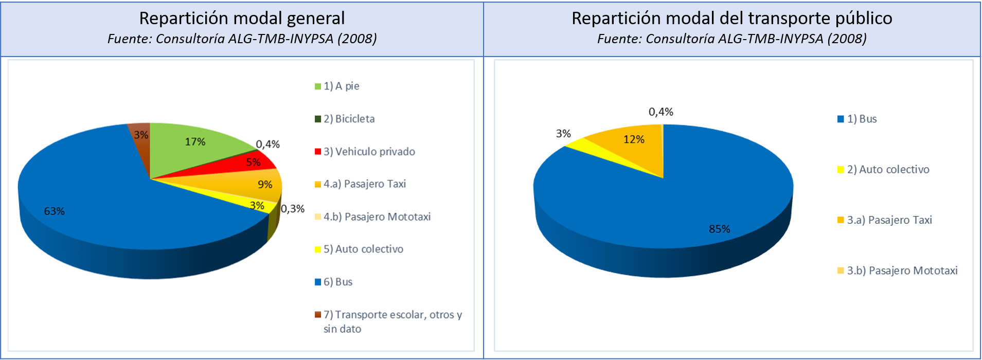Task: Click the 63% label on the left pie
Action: point(54,211)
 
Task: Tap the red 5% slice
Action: point(247,165)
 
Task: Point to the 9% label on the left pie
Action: point(265,185)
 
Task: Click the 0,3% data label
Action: point(293,209)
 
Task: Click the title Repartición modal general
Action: point(242,19)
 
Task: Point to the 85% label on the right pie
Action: point(719,229)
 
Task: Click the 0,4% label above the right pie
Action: point(660,112)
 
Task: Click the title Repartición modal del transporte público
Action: point(731,19)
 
